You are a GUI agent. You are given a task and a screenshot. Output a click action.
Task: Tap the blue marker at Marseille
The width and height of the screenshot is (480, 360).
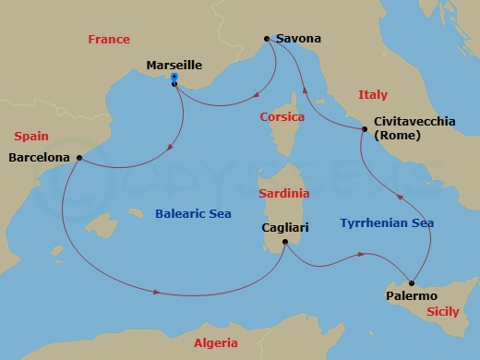click(174, 78)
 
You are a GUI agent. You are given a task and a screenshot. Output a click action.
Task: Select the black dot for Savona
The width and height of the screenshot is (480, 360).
click(267, 39)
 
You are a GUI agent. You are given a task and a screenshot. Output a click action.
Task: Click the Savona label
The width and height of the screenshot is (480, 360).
click(298, 40)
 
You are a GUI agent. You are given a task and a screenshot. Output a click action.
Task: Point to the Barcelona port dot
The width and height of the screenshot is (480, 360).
click(81, 157)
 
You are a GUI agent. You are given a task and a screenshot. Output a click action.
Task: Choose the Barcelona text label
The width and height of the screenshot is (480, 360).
click(39, 158)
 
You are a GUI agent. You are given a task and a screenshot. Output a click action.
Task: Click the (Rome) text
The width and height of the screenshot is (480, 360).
click(398, 136)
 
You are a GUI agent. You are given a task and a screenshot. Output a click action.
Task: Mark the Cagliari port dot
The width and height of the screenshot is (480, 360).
click(285, 243)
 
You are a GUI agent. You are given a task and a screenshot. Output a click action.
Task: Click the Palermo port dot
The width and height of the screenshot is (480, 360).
click(412, 282)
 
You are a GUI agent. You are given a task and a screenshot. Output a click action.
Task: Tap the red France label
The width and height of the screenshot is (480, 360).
click(108, 40)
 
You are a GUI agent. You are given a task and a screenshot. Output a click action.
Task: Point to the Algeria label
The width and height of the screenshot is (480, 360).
click(216, 342)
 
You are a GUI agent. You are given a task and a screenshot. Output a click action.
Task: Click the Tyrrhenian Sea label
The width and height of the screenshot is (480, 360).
click(387, 223)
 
